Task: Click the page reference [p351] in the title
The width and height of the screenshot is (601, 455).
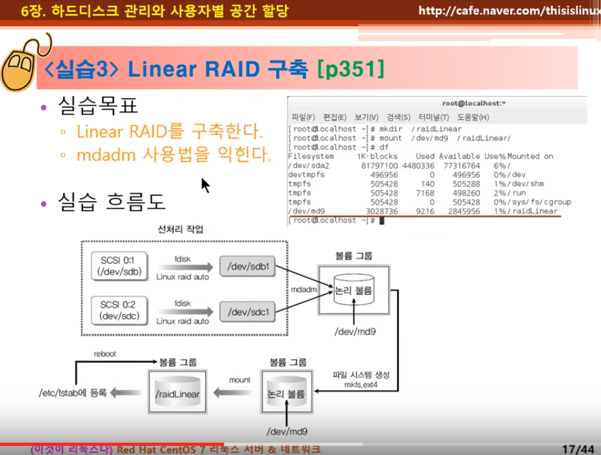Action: pyautogui.click(x=351, y=68)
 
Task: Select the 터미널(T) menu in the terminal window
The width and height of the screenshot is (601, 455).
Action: pyautogui.click(x=434, y=117)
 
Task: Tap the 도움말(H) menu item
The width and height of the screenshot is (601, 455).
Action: pyautogui.click(x=473, y=117)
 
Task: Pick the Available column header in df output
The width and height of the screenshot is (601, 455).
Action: pyautogui.click(x=460, y=156)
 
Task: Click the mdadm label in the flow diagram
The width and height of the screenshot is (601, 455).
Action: pyautogui.click(x=304, y=290)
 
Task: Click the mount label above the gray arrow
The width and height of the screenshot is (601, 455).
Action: pyautogui.click(x=239, y=379)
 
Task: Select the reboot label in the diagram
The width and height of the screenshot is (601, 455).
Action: pyautogui.click(x=104, y=354)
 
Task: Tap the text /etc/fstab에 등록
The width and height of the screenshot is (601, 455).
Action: pyautogui.click(x=70, y=392)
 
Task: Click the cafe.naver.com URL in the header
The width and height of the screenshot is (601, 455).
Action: pyautogui.click(x=509, y=10)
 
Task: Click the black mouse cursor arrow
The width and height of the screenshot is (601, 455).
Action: pyautogui.click(x=205, y=185)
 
